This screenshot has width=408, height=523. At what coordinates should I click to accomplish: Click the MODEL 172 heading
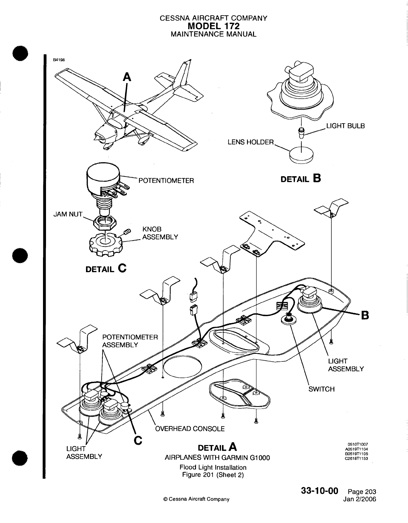213,26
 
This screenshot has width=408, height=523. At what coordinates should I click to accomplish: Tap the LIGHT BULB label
345,126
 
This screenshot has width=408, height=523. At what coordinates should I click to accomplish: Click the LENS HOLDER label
250,142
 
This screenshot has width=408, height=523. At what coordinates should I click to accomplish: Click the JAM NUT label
68,214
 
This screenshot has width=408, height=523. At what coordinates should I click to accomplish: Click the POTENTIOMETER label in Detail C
166,181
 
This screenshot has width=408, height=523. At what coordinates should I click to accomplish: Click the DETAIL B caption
301,179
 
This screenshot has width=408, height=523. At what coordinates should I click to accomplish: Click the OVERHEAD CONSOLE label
190,428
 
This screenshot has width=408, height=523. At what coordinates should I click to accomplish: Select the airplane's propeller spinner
96,137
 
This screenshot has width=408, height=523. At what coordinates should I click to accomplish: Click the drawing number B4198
58,60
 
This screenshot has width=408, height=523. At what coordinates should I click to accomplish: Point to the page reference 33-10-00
319,491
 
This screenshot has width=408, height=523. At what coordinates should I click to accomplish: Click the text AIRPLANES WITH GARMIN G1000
217,458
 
